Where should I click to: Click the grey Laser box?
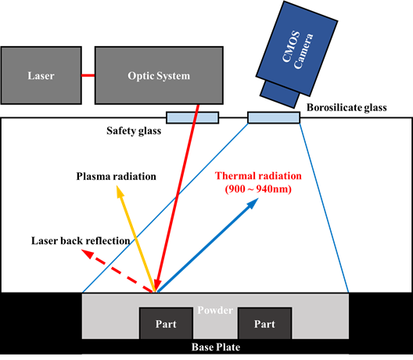(41, 75)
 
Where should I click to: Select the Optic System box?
(159, 75)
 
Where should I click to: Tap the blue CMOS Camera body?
(297, 49)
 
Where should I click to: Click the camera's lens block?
(280, 95)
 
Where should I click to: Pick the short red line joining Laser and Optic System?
(88, 75)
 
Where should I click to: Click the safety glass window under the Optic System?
(192, 117)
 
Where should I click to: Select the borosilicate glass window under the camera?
(274, 117)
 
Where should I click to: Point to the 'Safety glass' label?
(134, 131)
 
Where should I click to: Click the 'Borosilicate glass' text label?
(347, 107)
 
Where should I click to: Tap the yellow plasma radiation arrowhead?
(120, 191)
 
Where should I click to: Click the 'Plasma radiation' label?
(116, 176)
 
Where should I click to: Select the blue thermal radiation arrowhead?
(253, 203)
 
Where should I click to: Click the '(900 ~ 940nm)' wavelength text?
(258, 189)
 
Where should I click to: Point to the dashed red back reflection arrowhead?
(87, 254)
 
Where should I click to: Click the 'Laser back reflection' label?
(81, 240)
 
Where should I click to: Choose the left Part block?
(166, 323)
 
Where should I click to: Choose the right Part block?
(264, 323)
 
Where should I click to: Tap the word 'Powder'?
(215, 310)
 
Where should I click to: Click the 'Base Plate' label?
(216, 347)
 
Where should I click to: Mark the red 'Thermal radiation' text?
(258, 176)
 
